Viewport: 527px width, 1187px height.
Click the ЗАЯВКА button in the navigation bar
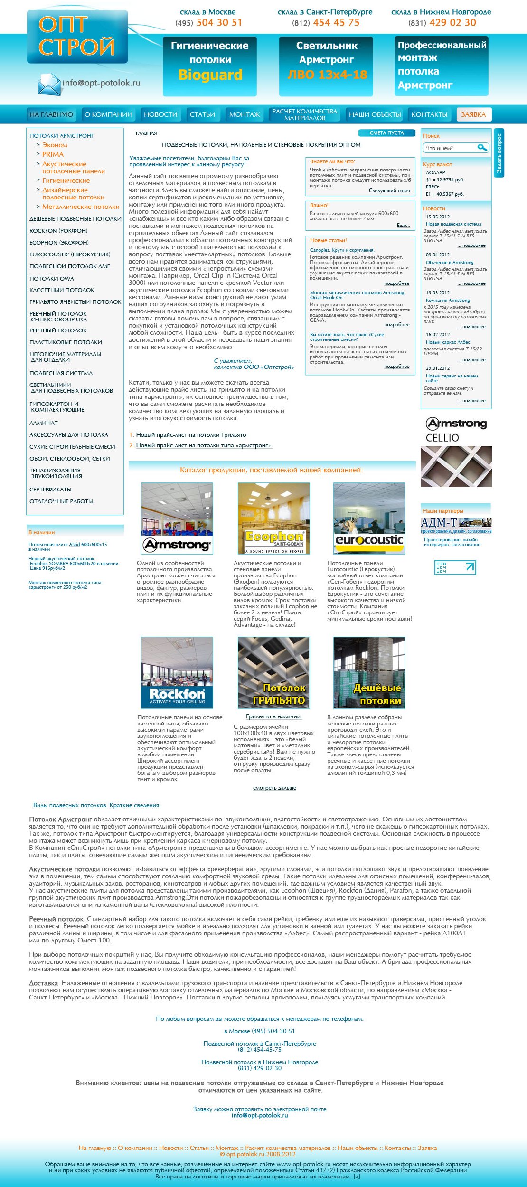click(473, 114)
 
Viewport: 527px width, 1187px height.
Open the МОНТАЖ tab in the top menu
click(245, 114)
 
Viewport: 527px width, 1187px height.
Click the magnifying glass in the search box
click(482, 148)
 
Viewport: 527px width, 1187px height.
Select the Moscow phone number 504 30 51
click(219, 23)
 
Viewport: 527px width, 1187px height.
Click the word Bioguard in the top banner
click(210, 75)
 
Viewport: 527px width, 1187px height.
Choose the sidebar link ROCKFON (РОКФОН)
click(58, 231)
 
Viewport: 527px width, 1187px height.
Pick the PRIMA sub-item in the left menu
click(53, 154)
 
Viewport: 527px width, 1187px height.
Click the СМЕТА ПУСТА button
click(386, 133)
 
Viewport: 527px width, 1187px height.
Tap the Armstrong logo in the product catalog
click(177, 545)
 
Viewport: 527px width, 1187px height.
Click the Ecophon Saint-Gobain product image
click(273, 518)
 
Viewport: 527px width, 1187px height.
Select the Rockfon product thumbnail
click(177, 673)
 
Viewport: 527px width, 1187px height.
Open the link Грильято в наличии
click(273, 716)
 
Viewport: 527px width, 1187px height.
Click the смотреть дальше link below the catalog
click(274, 788)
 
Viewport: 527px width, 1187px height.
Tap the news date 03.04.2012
click(437, 255)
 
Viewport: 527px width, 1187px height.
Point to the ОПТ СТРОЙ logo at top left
click(77, 37)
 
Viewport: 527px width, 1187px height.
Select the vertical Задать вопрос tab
click(499, 153)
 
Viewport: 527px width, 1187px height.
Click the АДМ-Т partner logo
click(456, 524)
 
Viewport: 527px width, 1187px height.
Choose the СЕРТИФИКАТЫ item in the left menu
click(50, 490)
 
